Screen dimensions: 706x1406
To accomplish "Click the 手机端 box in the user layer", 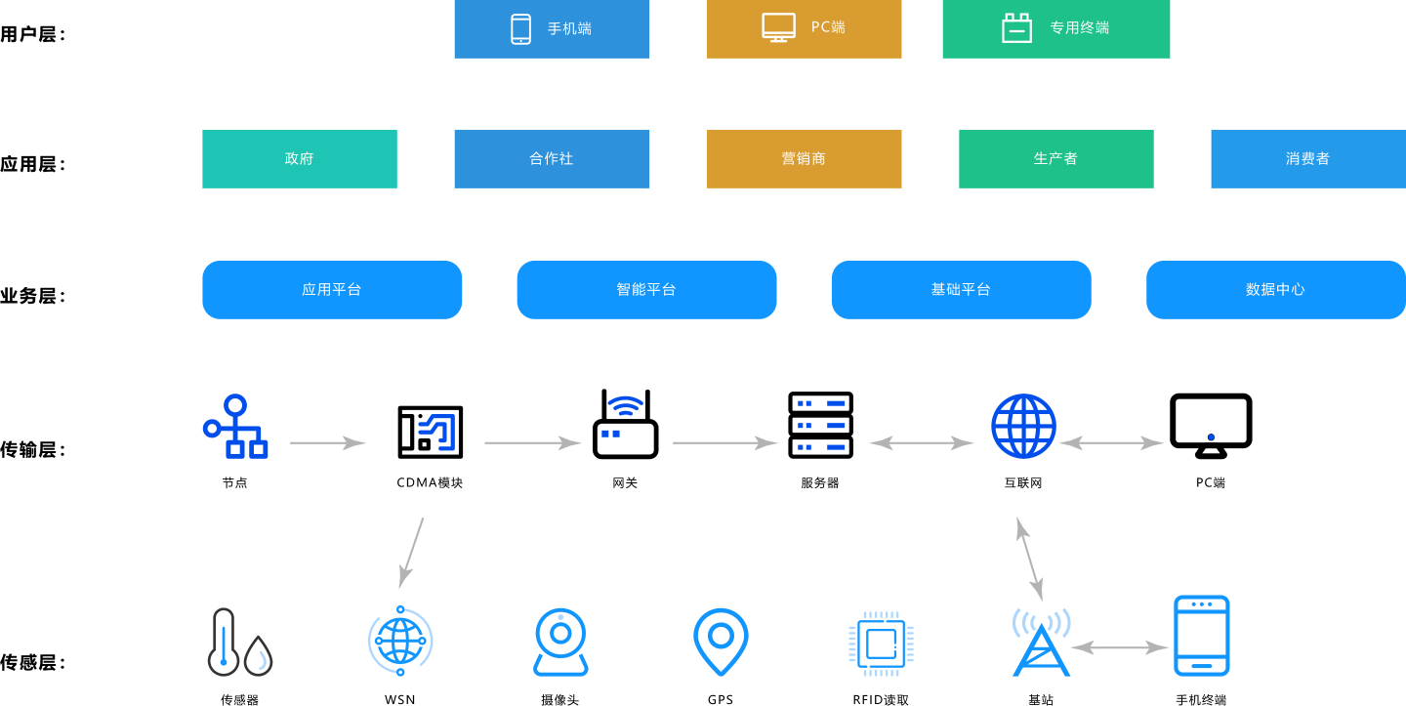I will (552, 28).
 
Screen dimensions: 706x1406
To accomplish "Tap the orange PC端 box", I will (804, 28).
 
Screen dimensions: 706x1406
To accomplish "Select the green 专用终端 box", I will (1055, 28).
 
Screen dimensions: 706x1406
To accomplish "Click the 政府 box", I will (299, 158).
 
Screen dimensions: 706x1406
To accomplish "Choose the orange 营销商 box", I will (804, 158).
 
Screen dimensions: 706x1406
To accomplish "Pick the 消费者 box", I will (1307, 158).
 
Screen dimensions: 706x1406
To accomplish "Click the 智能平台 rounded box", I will (646, 289).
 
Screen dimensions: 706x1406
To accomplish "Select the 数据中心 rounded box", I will (1275, 289).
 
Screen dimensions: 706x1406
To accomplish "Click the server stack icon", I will (820, 425).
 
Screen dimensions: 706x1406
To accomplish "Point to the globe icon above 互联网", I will (1022, 426).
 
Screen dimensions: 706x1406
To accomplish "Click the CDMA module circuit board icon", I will (430, 431).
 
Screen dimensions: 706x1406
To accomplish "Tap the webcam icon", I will (560, 643).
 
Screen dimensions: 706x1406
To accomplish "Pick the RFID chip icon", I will (881, 644).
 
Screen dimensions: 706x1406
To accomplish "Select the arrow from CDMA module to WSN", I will (411, 553).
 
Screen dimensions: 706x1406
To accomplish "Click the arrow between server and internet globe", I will (921, 443).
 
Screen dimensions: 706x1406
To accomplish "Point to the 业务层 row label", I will (32, 296).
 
